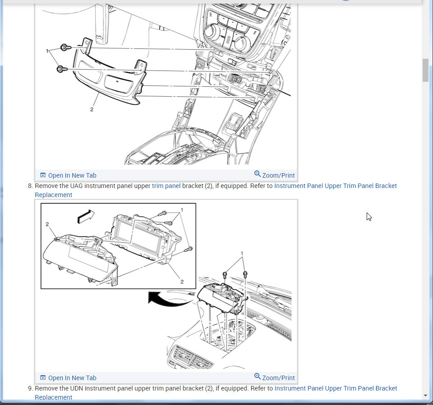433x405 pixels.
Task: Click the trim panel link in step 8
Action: pyautogui.click(x=166, y=186)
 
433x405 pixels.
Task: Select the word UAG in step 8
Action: pyautogui.click(x=76, y=186)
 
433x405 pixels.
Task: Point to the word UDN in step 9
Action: pyautogui.click(x=76, y=388)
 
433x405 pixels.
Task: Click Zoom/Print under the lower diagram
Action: pyautogui.click(x=275, y=377)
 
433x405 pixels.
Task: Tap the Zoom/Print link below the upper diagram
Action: pyautogui.click(x=275, y=175)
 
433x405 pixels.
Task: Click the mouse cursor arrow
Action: pyautogui.click(x=369, y=217)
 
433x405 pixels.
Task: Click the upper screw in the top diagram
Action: pyautogui.click(x=65, y=47)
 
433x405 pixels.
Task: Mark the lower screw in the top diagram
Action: pyautogui.click(x=61, y=69)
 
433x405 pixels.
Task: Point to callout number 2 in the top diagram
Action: pyautogui.click(x=92, y=109)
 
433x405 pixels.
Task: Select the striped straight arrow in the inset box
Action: pyautogui.click(x=86, y=216)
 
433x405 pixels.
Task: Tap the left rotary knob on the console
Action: pyautogui.click(x=212, y=31)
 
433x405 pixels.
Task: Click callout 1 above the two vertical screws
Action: pyautogui.click(x=242, y=253)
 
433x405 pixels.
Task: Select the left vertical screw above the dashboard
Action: pyautogui.click(x=224, y=275)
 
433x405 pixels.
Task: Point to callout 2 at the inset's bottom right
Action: pyautogui.click(x=182, y=282)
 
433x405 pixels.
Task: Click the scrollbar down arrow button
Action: pyautogui.click(x=425, y=396)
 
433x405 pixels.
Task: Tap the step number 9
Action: pyautogui.click(x=30, y=388)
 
